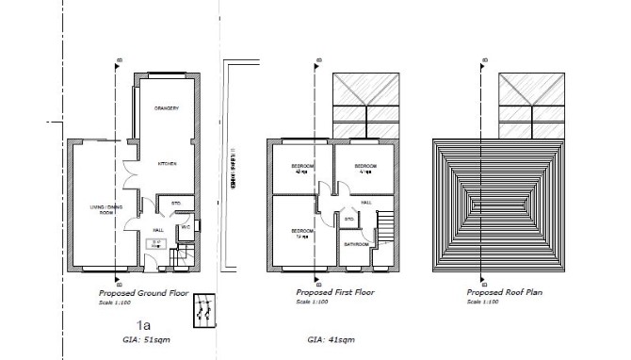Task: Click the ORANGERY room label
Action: [x=168, y=107]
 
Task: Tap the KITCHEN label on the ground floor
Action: [x=168, y=164]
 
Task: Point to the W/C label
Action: [x=186, y=226]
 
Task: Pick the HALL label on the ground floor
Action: [x=159, y=227]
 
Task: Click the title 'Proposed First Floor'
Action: [x=334, y=292]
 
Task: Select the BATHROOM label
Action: [x=355, y=244]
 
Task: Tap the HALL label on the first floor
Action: [x=365, y=202]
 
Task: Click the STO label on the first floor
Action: [x=348, y=220]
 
